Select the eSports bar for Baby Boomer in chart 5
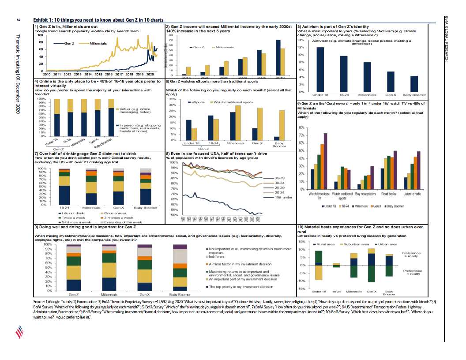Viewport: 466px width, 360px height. click(277, 138)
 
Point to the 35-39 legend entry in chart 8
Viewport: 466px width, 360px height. click(279, 177)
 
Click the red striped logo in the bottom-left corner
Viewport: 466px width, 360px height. click(18, 330)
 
